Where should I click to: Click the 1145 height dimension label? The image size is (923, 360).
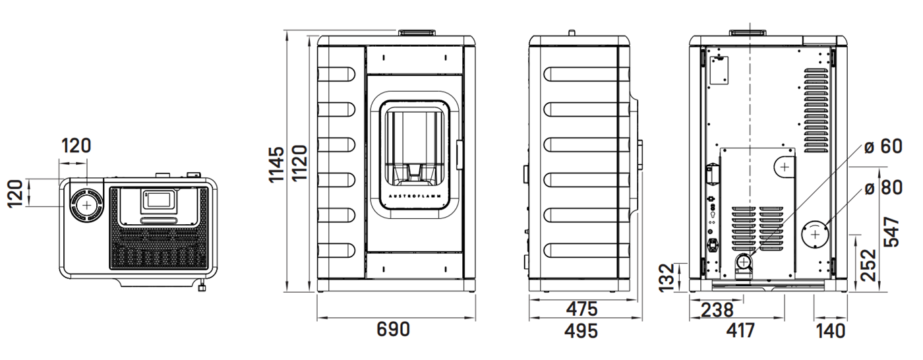click(x=276, y=164)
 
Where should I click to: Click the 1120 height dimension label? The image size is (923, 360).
click(x=300, y=163)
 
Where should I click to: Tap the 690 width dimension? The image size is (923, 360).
click(x=393, y=330)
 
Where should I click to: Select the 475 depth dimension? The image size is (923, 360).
click(x=581, y=309)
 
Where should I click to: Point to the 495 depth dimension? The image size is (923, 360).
click(x=581, y=331)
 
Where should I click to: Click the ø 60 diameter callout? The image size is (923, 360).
click(x=883, y=146)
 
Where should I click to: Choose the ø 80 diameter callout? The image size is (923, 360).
click(x=883, y=188)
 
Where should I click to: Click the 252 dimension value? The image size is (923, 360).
click(x=869, y=265)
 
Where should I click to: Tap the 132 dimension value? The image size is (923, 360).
click(x=667, y=278)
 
